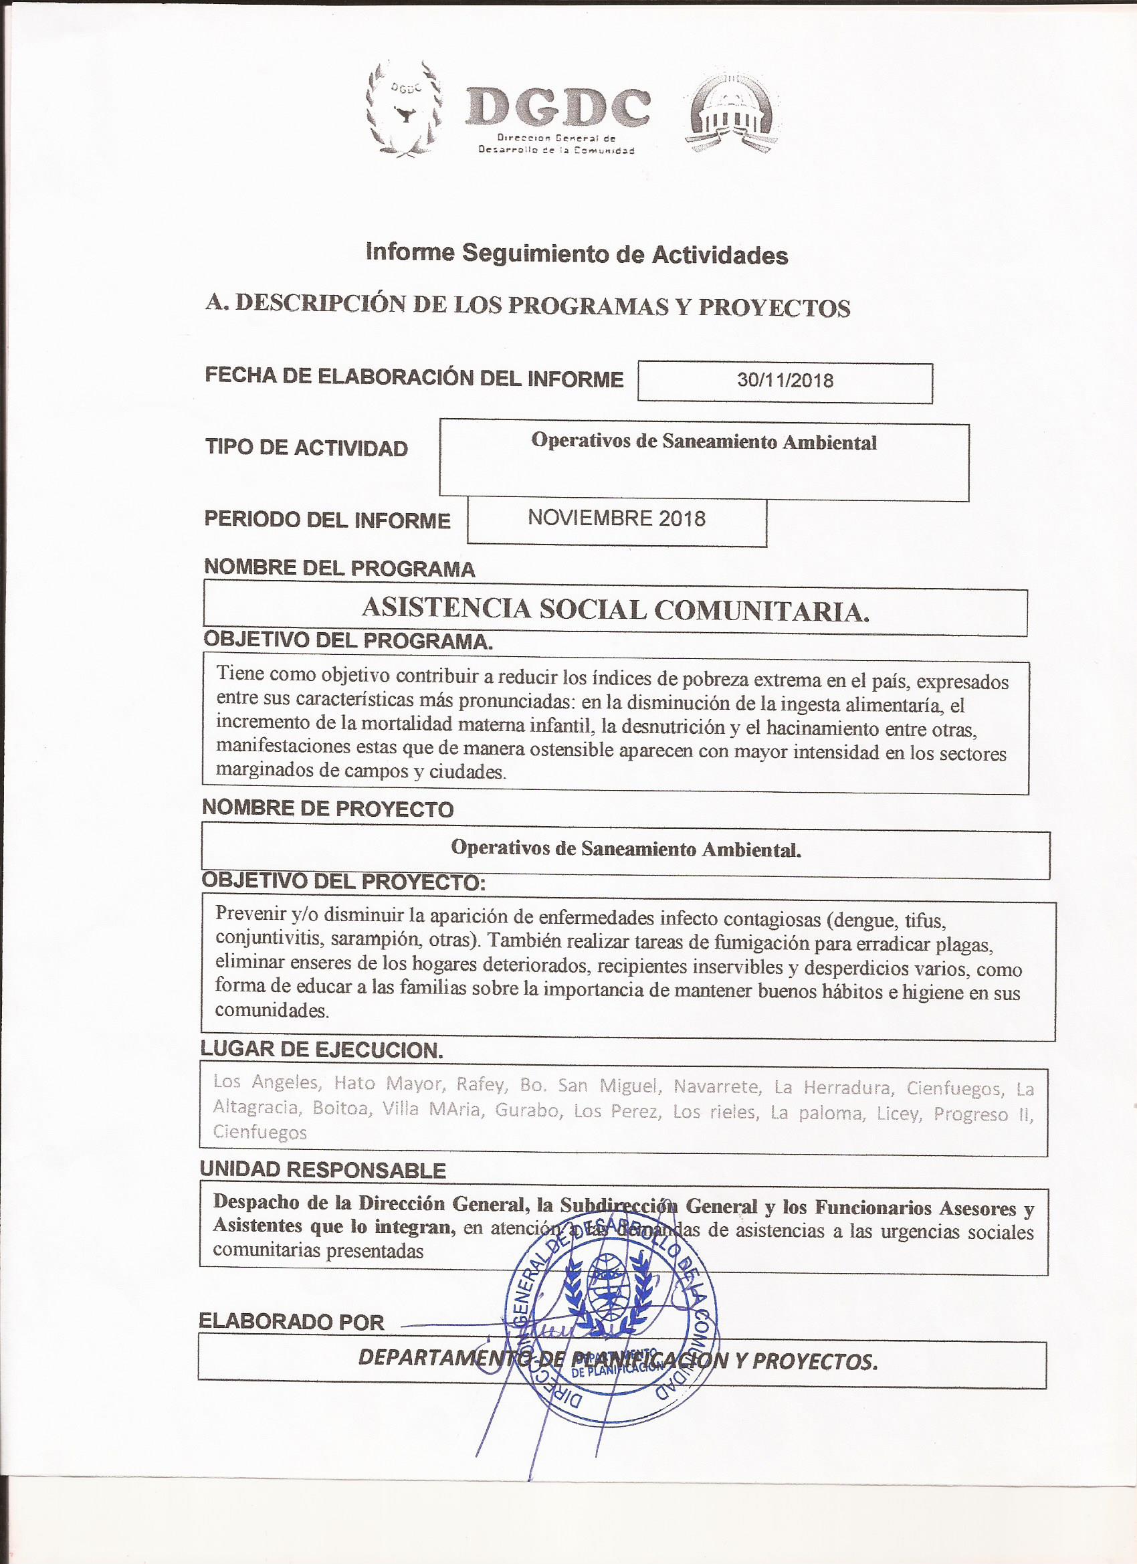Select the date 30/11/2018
[x=785, y=381]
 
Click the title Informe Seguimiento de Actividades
[x=577, y=254]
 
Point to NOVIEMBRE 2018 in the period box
[x=617, y=518]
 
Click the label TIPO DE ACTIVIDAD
[x=306, y=448]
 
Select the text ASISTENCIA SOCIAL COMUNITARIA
[x=615, y=609]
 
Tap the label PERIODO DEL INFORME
[x=327, y=520]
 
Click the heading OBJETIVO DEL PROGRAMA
[x=348, y=641]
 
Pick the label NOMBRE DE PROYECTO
[x=328, y=809]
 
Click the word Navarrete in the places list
[x=717, y=1087]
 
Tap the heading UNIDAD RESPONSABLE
[x=322, y=1169]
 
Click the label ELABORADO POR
[x=291, y=1321]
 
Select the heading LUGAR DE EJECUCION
[x=321, y=1050]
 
